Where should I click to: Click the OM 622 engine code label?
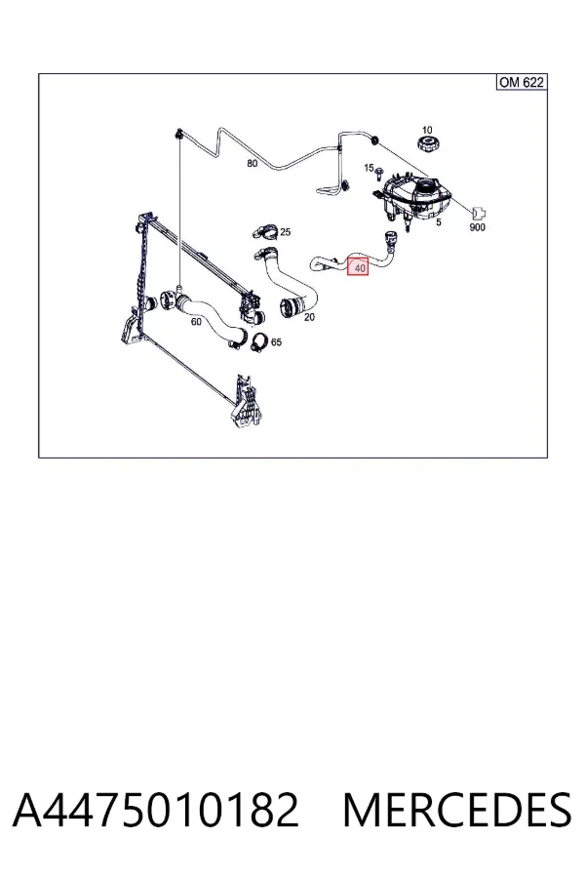coord(522,82)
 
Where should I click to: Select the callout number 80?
coord(253,164)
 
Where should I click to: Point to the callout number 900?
coord(477,227)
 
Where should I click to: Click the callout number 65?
coord(276,342)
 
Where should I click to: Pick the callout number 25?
coord(285,232)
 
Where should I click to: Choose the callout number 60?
coord(196,322)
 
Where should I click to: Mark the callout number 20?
coord(309,317)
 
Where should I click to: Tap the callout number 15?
coord(369,168)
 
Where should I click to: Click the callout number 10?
coord(427,130)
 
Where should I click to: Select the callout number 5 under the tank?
coord(439,222)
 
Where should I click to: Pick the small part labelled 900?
coord(479,214)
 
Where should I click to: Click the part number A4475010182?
coord(156,810)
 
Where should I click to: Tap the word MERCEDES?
coord(457,810)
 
